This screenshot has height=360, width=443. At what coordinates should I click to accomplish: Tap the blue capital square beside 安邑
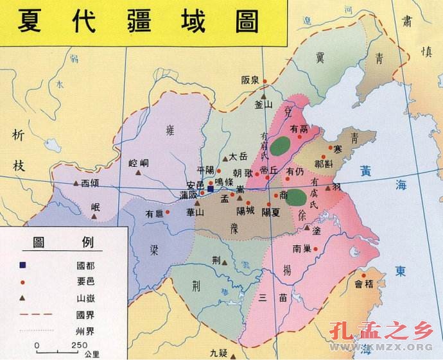210,189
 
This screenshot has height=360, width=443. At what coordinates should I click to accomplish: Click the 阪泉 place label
250,80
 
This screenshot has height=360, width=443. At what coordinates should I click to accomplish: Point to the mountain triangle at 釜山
263,95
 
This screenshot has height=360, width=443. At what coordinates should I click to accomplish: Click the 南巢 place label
302,249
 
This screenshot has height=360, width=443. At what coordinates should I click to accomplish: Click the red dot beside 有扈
168,211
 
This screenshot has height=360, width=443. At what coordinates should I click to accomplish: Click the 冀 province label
320,57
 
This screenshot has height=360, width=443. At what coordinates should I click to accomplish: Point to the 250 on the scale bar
80,346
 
